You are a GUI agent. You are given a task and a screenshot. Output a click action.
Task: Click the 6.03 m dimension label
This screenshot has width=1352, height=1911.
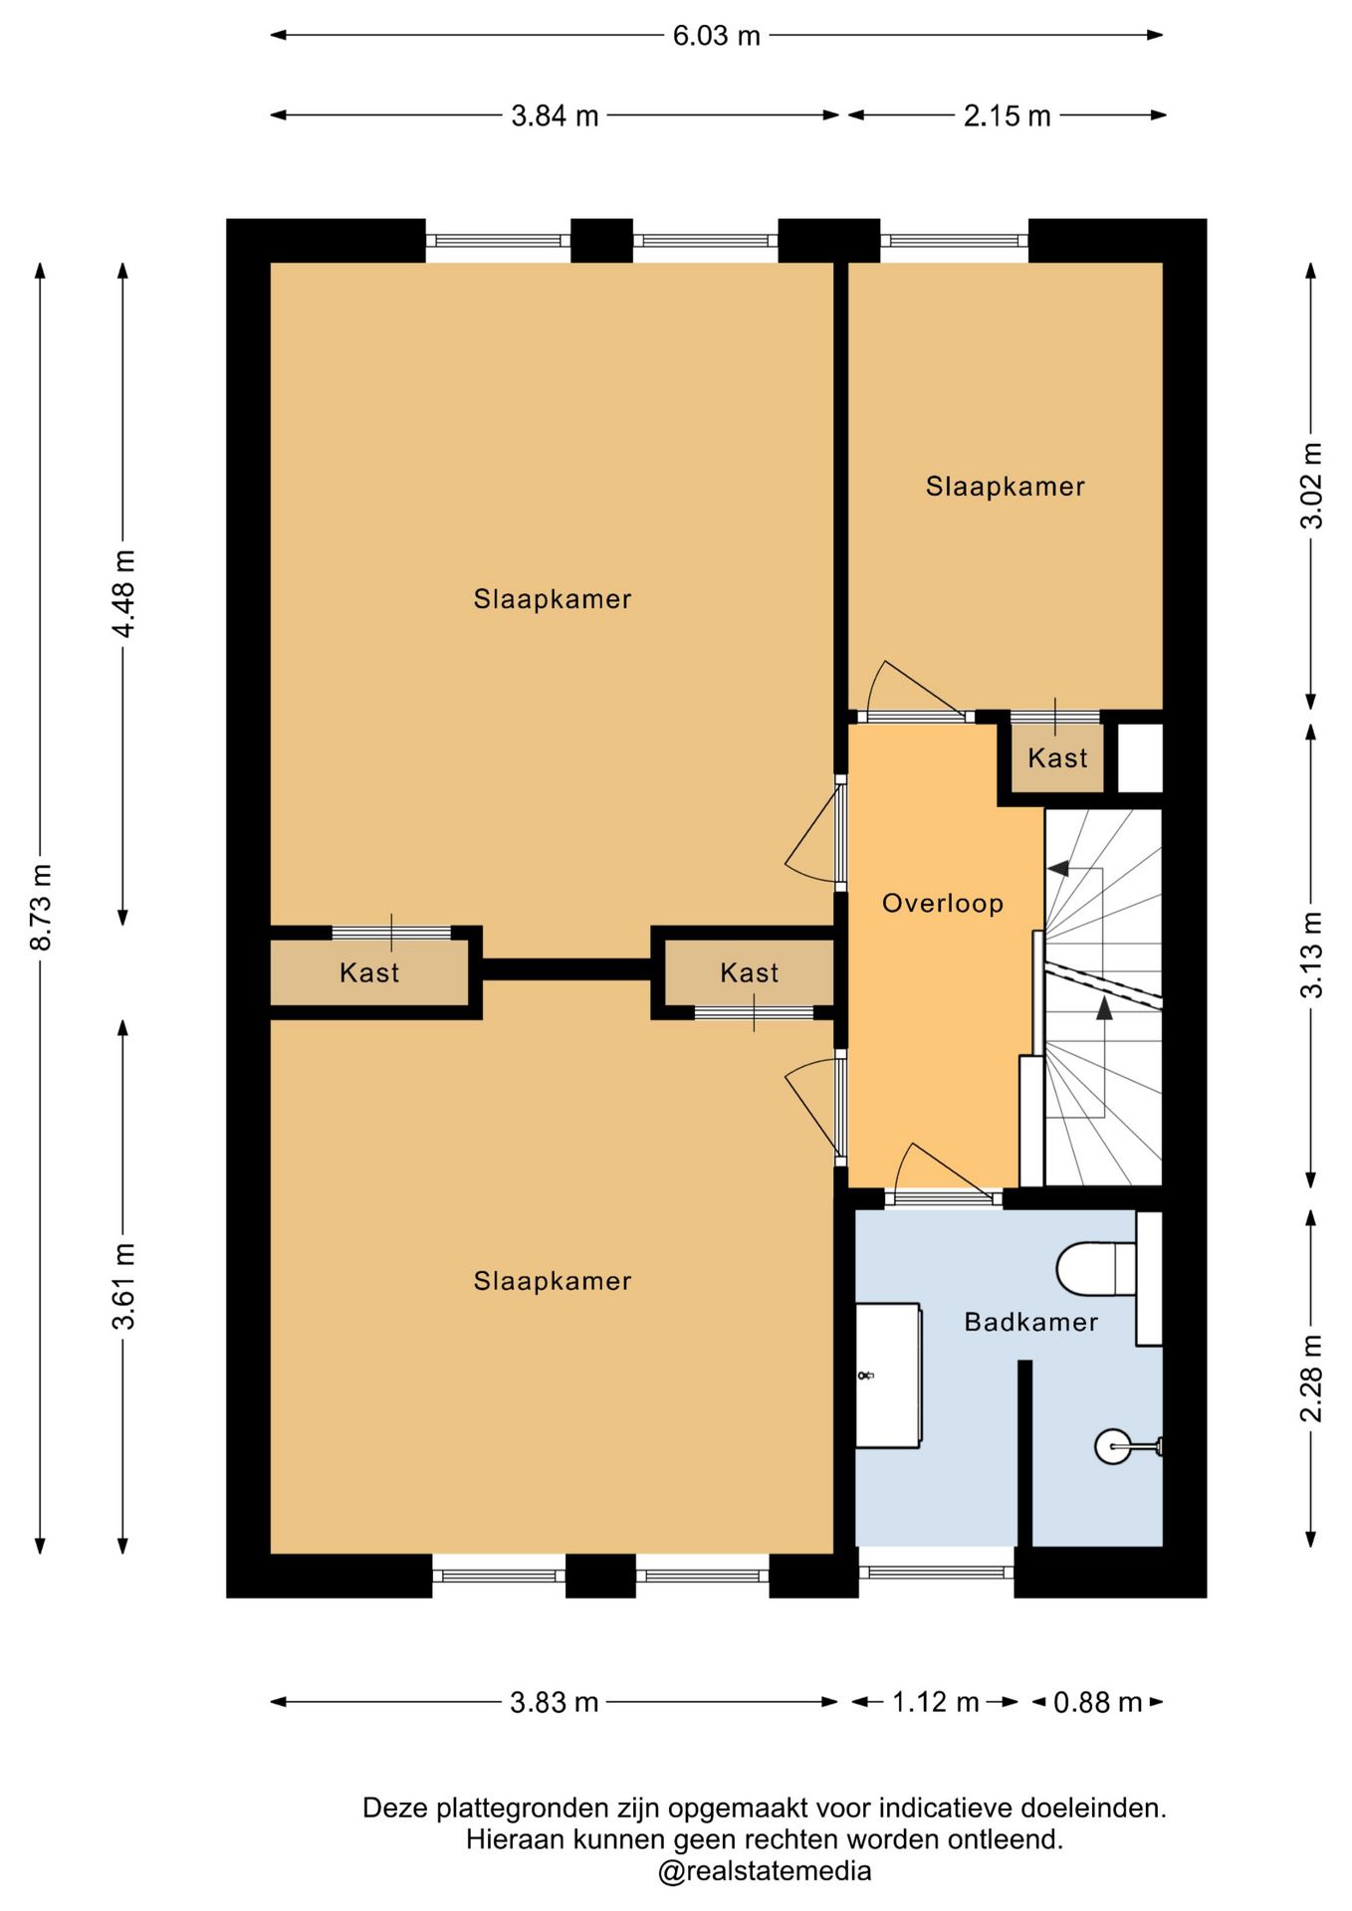tap(716, 36)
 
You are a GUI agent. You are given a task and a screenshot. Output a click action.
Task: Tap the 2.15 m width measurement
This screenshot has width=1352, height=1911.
tap(1007, 116)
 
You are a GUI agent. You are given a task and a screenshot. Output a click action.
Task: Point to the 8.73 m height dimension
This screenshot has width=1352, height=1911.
tap(42, 907)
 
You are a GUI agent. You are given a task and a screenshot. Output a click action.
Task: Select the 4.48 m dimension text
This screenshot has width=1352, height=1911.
tap(123, 593)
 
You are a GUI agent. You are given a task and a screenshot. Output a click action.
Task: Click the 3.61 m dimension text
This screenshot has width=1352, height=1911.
tap(123, 1286)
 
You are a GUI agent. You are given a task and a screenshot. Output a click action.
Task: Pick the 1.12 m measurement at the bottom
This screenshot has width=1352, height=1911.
tap(935, 1702)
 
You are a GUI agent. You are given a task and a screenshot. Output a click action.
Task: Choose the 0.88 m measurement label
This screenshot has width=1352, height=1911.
tap(1097, 1702)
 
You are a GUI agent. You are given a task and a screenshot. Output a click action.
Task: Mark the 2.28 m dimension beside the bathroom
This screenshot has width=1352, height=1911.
tap(1312, 1379)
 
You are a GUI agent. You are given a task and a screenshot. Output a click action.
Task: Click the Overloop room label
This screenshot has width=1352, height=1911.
tap(943, 904)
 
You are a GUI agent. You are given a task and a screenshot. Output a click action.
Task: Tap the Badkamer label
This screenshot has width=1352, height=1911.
tap(1031, 1322)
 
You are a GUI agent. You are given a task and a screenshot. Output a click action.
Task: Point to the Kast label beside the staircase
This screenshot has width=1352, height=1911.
tap(1057, 758)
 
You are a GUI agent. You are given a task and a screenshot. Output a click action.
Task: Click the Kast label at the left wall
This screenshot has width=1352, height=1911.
tap(369, 972)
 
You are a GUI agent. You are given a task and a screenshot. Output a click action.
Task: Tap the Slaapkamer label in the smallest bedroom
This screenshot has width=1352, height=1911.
tap(1006, 487)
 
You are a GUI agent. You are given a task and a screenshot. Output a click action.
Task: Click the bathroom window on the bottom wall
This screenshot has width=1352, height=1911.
tap(937, 1573)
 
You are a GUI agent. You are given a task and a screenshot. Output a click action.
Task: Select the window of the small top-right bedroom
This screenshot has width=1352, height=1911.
tap(954, 241)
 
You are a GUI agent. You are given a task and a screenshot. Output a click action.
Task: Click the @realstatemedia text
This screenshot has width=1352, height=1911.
tap(764, 1871)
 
